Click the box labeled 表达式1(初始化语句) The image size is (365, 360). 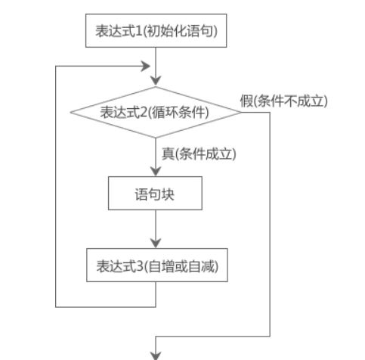click(156, 30)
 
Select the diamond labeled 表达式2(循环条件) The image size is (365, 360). click(156, 113)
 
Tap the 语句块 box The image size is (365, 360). click(155, 193)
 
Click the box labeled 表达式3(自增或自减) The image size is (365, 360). click(157, 265)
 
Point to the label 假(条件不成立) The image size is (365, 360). click(284, 101)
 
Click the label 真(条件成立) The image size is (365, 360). click(199, 154)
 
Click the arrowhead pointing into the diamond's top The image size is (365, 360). click(156, 81)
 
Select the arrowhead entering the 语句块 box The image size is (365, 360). click(156, 172)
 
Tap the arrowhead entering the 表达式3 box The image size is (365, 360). click(156, 244)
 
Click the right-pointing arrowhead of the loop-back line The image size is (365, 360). click(146, 67)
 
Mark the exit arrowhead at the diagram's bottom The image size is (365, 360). click(156, 356)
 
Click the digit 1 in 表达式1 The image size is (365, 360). click(139, 31)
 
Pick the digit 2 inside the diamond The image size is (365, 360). click(144, 112)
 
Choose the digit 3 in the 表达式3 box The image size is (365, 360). click(140, 265)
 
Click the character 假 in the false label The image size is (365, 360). click(246, 101)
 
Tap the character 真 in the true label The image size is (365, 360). click(168, 154)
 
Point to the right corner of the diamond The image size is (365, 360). click(241, 113)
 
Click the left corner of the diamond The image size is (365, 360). click(70, 113)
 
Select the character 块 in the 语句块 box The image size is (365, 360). click(168, 194)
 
